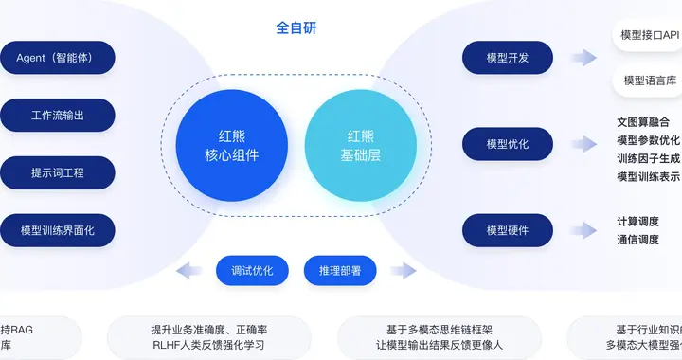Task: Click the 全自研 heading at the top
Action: click(296, 27)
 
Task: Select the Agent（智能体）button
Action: click(58, 58)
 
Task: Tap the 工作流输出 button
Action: click(58, 116)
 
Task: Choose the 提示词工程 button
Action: click(58, 173)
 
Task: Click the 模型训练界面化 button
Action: click(58, 230)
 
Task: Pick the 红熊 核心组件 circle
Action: click(232, 145)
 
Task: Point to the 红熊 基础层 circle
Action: click(361, 145)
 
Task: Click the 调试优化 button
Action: click(252, 271)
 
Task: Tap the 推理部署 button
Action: click(339, 271)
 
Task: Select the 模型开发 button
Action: click(508, 58)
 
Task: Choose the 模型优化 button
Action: click(508, 144)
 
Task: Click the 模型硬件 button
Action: click(508, 230)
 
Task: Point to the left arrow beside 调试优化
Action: click(190, 271)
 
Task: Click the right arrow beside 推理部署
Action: click(403, 271)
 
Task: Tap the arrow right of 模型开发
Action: click(584, 58)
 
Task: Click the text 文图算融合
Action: click(649, 122)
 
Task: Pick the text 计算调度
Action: click(637, 222)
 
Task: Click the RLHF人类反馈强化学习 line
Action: click(210, 345)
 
